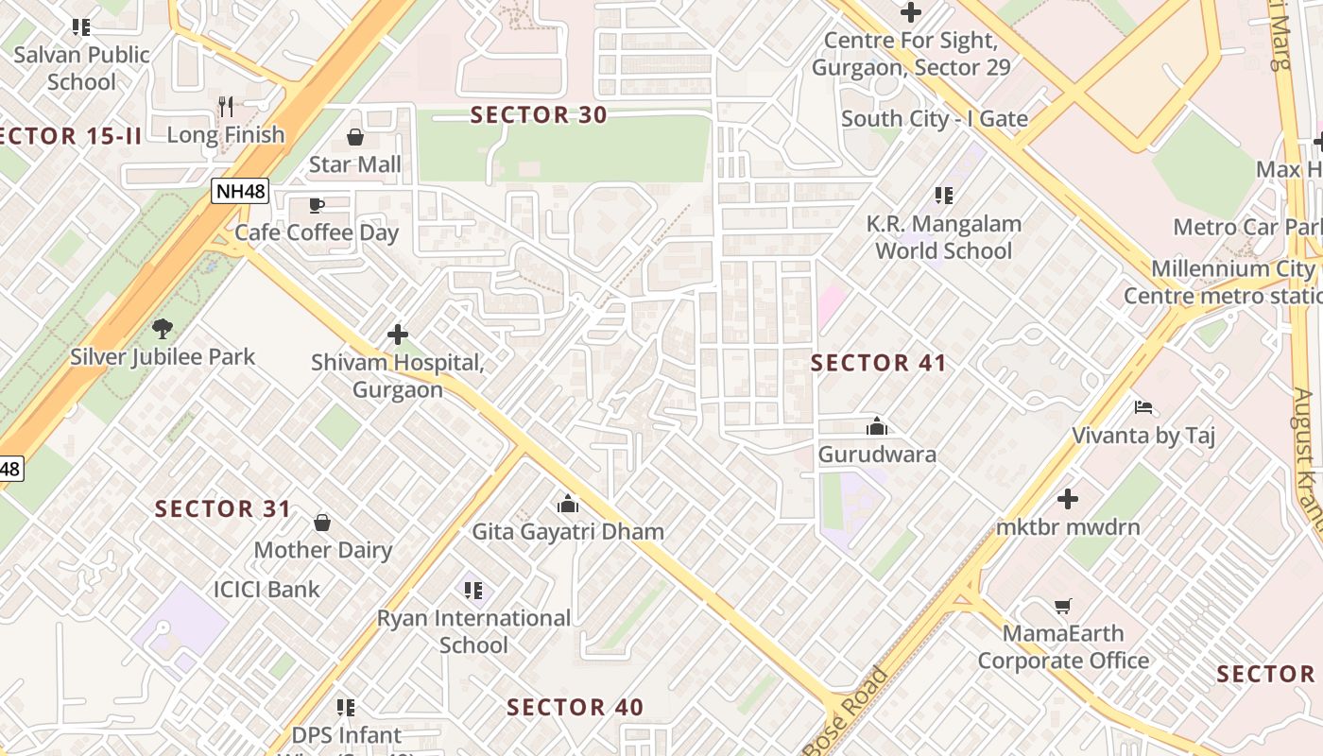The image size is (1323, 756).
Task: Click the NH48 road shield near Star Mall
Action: click(240, 192)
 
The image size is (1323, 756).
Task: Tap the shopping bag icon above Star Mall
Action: click(355, 138)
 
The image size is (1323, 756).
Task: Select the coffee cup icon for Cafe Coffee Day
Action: click(317, 206)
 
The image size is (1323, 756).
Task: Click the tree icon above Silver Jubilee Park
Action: click(163, 329)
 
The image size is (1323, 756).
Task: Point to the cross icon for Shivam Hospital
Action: click(398, 335)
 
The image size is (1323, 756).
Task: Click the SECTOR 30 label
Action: click(539, 115)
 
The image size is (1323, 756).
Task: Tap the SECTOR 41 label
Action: click(878, 363)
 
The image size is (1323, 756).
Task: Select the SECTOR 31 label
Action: click(223, 509)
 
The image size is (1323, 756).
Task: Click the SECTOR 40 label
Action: click(575, 708)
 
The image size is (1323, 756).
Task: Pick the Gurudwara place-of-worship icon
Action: click(877, 426)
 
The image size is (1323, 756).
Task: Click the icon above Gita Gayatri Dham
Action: click(568, 504)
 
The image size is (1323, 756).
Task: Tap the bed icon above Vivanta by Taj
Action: click(1143, 408)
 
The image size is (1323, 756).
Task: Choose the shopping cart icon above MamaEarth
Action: click(1063, 606)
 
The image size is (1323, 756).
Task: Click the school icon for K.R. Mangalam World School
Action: click(943, 196)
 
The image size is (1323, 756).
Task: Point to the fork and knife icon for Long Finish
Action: click(225, 107)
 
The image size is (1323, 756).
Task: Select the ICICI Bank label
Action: click(266, 590)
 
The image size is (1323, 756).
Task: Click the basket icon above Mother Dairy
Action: click(322, 523)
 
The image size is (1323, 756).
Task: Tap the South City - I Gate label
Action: click(934, 119)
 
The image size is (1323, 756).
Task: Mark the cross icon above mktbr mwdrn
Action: click(1068, 499)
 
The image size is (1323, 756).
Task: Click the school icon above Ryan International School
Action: click(473, 591)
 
